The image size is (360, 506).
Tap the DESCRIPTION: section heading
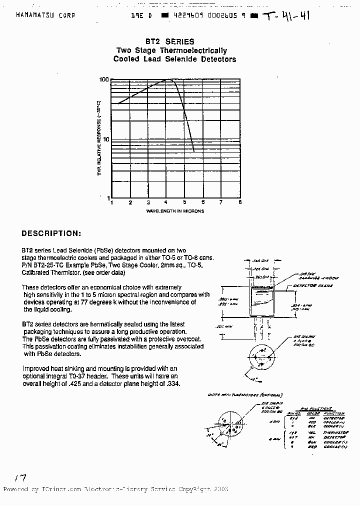(50, 233)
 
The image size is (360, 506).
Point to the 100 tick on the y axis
(103, 79)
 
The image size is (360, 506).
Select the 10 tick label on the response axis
(104, 139)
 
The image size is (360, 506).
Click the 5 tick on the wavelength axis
(184, 202)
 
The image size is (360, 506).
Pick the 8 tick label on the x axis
(240, 202)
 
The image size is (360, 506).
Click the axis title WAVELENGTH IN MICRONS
(175, 211)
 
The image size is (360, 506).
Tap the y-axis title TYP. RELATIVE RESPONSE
(99, 137)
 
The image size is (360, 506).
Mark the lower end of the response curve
(194, 151)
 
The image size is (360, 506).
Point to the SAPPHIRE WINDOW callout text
(320, 277)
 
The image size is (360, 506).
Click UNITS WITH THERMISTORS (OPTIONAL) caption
(245, 395)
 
